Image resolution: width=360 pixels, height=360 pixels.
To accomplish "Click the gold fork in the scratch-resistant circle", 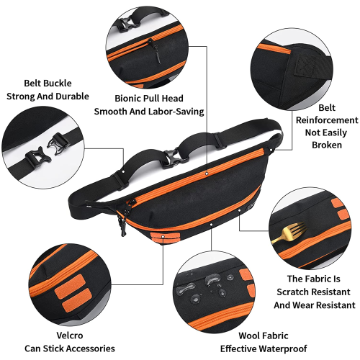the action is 289,233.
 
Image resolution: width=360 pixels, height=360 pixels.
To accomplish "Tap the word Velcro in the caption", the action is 70,336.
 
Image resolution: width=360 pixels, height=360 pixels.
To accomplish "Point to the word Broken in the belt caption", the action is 327,145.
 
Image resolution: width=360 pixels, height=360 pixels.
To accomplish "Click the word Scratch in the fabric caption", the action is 292,292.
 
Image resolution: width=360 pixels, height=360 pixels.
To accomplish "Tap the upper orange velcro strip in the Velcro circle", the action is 69,284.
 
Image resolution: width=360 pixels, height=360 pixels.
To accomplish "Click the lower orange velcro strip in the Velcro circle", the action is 77,300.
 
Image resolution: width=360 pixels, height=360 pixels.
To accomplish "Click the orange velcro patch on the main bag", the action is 165,238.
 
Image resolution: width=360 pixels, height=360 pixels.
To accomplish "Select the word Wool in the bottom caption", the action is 249,336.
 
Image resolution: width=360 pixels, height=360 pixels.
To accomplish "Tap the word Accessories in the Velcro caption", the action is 91,348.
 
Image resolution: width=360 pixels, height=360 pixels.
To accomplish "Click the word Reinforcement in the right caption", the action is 327,120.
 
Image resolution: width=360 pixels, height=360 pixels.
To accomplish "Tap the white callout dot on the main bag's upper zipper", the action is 207,174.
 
